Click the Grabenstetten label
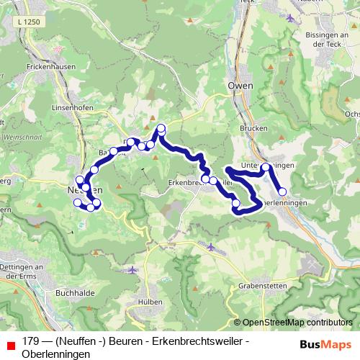[x=263, y=286]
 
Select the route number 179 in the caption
[x=31, y=341]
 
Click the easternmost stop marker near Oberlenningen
[x=283, y=192]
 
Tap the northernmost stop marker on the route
[x=161, y=129]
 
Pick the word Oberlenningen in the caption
[x=56, y=354]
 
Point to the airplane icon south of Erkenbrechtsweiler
[x=210, y=247]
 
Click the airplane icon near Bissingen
[x=290, y=17]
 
